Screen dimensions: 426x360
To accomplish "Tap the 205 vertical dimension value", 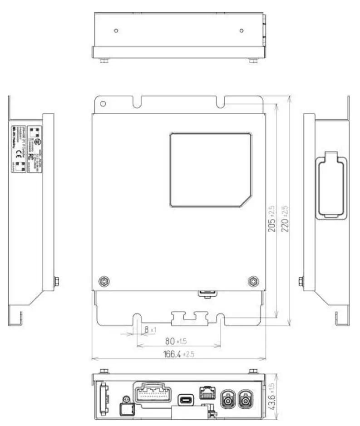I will (x=271, y=219).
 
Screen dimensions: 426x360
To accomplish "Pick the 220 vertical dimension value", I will (x=285, y=219).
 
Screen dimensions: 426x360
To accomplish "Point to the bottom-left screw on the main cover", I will (x=104, y=281).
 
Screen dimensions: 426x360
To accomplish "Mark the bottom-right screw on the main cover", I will (x=252, y=281).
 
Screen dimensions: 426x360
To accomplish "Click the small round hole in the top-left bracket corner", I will (x=103, y=104).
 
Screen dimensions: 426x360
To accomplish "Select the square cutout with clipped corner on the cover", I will (x=211, y=170).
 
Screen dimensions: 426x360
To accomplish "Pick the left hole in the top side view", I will (x=116, y=31).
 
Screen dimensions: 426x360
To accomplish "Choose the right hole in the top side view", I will (x=241, y=31).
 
